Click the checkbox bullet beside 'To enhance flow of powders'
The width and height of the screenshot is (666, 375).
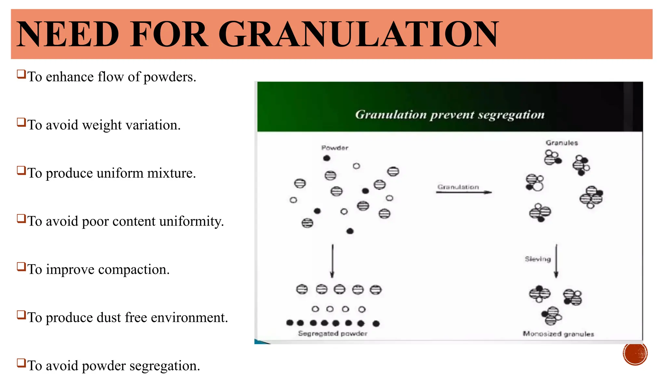[21, 74]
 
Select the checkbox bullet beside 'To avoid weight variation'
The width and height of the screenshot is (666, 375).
[21, 122]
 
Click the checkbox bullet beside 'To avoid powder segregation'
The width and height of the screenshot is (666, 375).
[21, 363]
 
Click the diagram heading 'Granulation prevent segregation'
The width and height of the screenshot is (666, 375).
[450, 115]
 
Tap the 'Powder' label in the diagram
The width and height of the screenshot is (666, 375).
[335, 148]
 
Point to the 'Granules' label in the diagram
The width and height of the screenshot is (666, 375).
[562, 143]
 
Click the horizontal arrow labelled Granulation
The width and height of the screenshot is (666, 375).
[464, 192]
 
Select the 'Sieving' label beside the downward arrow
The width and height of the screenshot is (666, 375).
[538, 259]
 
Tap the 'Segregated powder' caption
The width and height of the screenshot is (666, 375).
[332, 334]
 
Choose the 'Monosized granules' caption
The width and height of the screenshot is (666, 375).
[558, 334]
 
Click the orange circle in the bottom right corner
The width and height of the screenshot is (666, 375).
[635, 353]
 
